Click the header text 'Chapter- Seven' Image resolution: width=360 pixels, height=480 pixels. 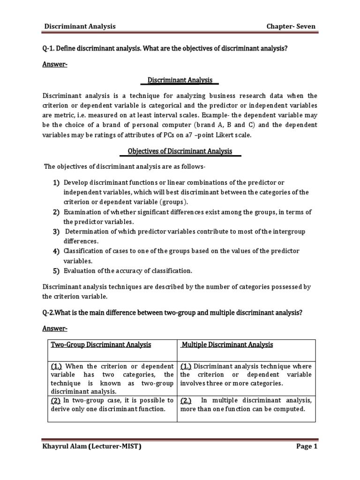pyautogui.click(x=292, y=27)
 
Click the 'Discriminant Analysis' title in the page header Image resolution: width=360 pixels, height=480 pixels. pyautogui.click(x=80, y=27)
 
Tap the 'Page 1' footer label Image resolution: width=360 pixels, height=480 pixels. pyautogui.click(x=307, y=447)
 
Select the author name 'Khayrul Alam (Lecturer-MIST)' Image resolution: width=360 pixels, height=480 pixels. pyautogui.click(x=92, y=447)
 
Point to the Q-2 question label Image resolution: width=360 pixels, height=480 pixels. pyautogui.click(x=50, y=313)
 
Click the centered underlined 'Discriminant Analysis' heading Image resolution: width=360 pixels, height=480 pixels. pyautogui.click(x=180, y=80)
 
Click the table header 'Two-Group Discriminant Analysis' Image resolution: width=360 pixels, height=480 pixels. pyautogui.click(x=101, y=345)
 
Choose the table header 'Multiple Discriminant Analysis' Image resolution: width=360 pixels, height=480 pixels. pyautogui.click(x=227, y=345)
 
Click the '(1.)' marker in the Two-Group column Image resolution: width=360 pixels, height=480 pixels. pyautogui.click(x=57, y=366)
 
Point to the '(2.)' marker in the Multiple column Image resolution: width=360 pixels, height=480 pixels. pyautogui.click(x=187, y=400)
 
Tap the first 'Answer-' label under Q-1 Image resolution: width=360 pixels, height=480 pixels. pyautogui.click(x=55, y=65)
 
